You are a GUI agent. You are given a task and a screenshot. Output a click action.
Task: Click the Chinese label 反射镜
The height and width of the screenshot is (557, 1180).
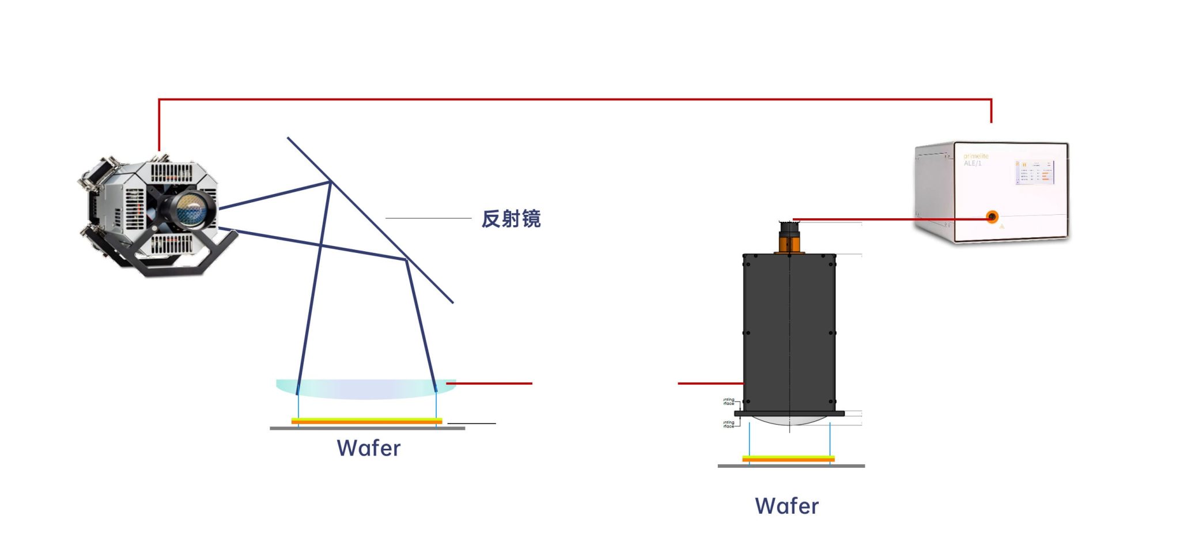(x=510, y=219)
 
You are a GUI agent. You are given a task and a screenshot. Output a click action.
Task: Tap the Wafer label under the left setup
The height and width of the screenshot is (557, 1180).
(x=369, y=448)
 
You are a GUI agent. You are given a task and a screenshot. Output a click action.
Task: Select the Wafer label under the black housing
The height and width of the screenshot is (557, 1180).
(x=786, y=506)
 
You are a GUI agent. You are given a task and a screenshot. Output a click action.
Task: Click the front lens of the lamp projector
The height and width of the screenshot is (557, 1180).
(x=191, y=209)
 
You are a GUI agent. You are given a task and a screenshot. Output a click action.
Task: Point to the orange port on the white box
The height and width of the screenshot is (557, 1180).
(x=992, y=217)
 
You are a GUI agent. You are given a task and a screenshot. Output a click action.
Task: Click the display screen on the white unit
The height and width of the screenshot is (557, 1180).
(x=1035, y=172)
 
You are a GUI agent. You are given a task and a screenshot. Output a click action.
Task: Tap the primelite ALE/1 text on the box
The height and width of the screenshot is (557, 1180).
(x=975, y=160)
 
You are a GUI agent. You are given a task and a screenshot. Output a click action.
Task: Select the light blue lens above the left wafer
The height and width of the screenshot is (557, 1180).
(x=366, y=389)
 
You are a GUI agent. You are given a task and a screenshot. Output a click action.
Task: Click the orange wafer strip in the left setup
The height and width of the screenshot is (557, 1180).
(x=366, y=422)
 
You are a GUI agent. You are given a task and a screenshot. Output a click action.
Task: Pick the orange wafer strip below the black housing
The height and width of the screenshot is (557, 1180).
(x=788, y=459)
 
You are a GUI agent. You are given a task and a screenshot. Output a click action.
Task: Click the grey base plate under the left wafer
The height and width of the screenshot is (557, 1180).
(x=367, y=429)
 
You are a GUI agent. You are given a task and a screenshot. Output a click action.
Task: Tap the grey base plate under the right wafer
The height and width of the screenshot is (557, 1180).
(x=791, y=466)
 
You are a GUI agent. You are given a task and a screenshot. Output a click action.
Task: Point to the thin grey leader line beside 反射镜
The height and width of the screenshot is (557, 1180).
(x=428, y=218)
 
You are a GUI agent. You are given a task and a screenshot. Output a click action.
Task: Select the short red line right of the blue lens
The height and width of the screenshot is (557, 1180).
(x=490, y=383)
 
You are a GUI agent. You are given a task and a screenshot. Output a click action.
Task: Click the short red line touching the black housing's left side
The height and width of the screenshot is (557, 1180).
(x=710, y=383)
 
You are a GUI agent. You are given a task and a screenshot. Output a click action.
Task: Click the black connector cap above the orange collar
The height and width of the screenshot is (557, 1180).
(x=789, y=228)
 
